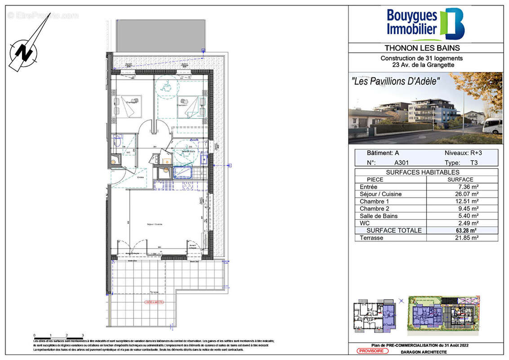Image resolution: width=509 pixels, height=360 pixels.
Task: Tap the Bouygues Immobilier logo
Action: [x=425, y=23]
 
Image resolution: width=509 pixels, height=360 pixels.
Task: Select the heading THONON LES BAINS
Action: [x=422, y=48]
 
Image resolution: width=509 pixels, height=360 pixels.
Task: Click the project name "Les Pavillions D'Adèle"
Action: [x=395, y=81]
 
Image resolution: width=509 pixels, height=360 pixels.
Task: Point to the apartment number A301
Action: [x=402, y=163]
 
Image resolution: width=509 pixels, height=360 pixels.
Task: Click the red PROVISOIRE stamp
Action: [x=371, y=351]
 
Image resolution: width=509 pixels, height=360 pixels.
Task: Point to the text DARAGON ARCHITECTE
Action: [x=418, y=352]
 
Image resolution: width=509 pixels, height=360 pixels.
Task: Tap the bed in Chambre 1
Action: [x=190, y=106]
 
